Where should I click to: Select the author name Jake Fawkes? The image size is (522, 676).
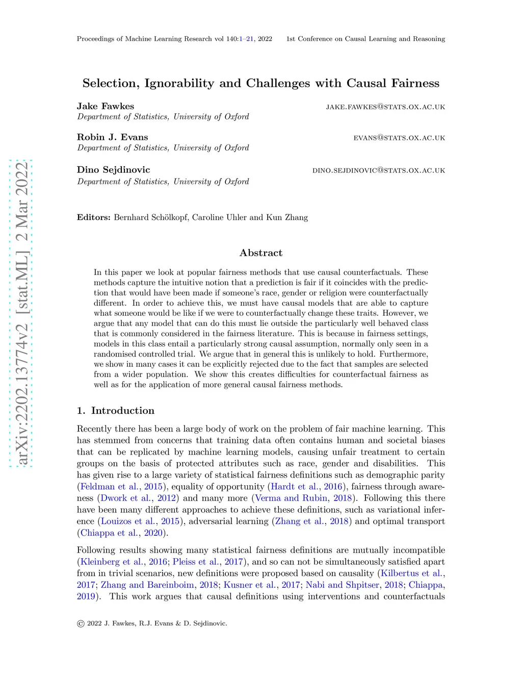[x=106, y=106]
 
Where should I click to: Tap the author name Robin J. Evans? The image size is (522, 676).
[x=112, y=137]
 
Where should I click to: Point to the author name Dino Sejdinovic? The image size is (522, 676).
[x=113, y=170]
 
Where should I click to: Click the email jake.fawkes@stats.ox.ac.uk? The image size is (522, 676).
[x=385, y=107]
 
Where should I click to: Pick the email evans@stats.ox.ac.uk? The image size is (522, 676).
[x=399, y=138]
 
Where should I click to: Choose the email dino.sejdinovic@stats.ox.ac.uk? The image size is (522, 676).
[x=379, y=170]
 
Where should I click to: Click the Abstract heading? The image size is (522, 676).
[x=261, y=253]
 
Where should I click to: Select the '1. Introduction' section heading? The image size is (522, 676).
[x=116, y=411]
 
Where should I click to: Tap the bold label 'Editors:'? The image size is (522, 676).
[x=94, y=217]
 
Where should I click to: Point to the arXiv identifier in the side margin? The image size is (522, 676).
[x=21, y=313]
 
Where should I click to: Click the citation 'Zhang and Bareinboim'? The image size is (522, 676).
[x=147, y=585]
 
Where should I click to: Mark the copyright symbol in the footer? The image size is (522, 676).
[x=81, y=623]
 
